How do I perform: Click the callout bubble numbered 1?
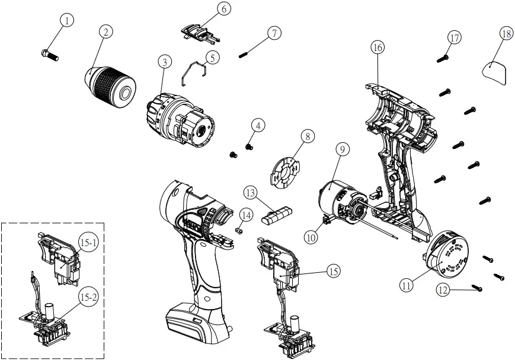click(67, 21)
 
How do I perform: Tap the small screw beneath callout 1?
click(49, 55)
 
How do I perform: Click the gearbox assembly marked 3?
click(178, 118)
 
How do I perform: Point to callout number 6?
click(207, 9)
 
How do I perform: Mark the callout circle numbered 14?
click(246, 214)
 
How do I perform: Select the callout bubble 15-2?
click(88, 297)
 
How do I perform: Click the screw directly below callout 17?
click(442, 59)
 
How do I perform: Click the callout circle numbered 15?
click(333, 270)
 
